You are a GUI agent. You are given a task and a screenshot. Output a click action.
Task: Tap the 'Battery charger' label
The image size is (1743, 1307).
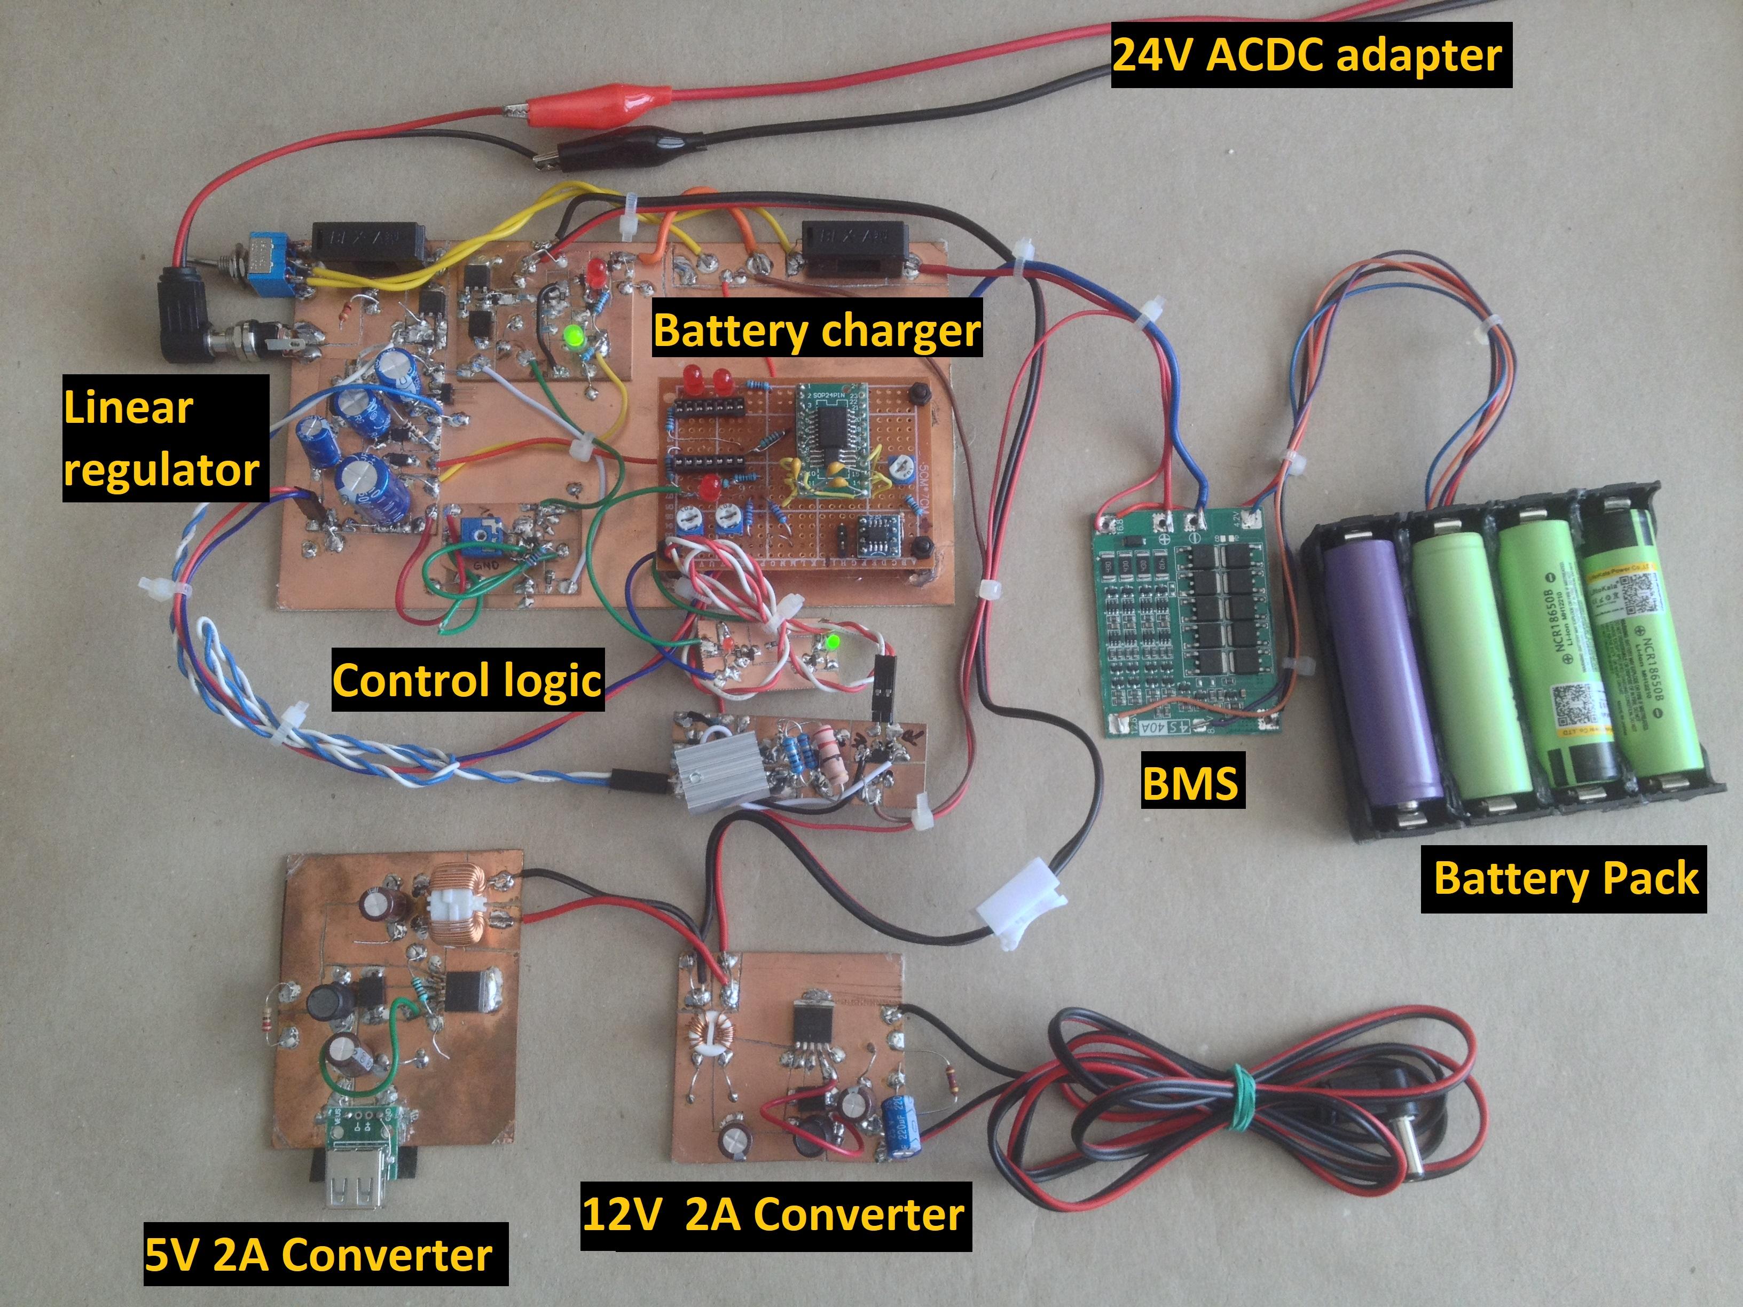click(817, 331)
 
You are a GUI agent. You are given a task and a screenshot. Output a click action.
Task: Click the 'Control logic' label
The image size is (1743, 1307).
click(467, 680)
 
